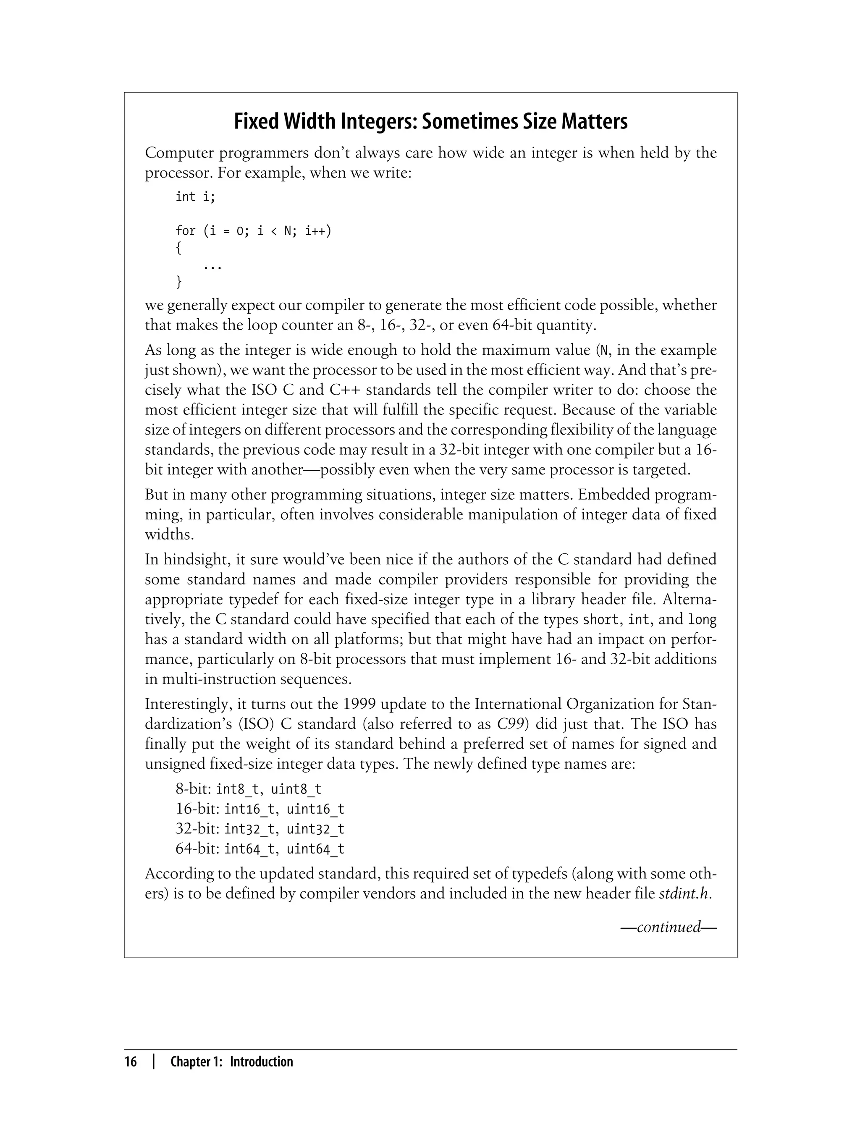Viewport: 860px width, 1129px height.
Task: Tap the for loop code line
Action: point(253,231)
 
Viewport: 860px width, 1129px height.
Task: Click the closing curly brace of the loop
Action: point(178,281)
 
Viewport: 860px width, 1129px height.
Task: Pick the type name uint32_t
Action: point(315,829)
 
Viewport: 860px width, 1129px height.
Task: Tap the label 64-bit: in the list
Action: point(198,849)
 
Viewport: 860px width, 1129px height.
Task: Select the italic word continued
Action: point(668,927)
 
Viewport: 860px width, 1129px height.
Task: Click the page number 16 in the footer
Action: point(131,1062)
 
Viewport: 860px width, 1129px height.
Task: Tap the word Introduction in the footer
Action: point(261,1062)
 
